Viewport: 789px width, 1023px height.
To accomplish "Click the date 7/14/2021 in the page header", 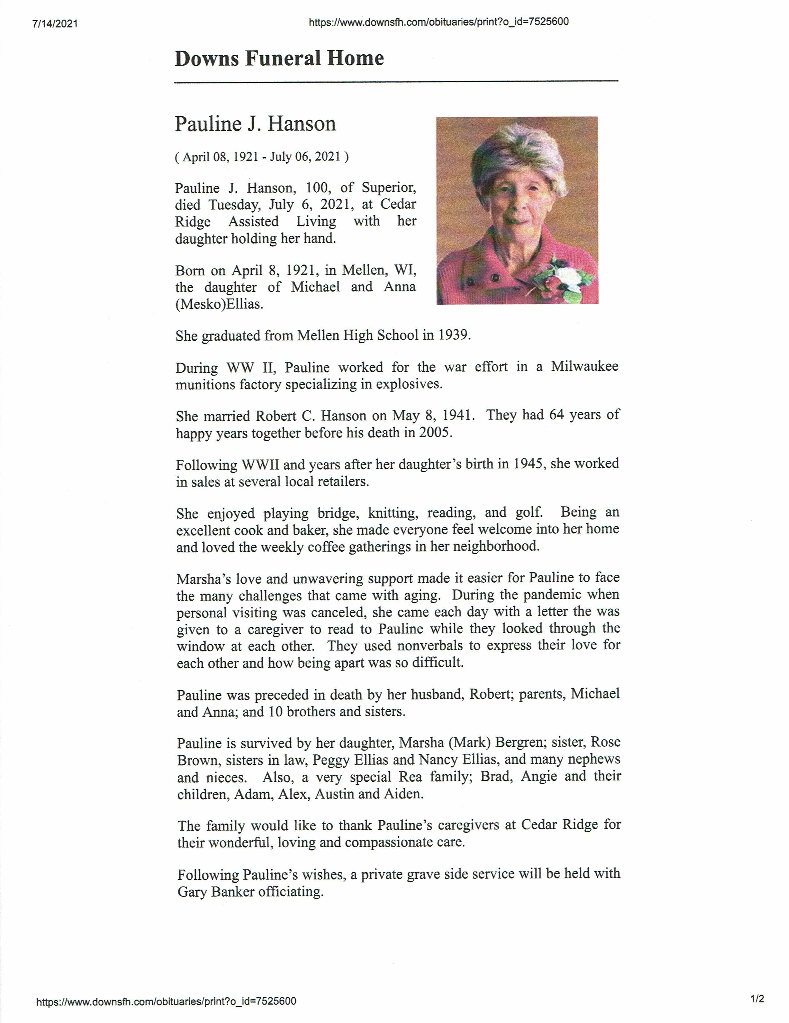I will [55, 24].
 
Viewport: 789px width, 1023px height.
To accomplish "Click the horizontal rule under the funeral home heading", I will [396, 82].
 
